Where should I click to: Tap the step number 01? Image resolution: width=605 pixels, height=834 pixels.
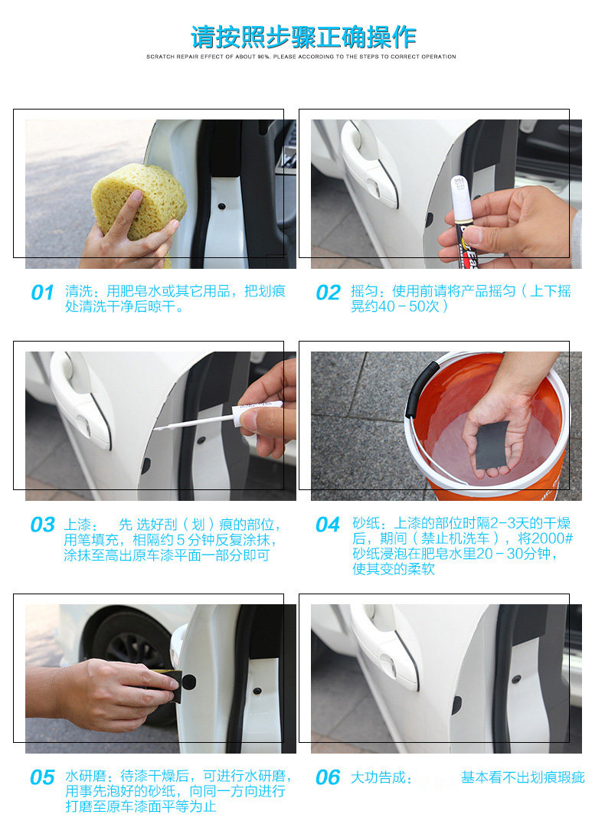click(x=43, y=293)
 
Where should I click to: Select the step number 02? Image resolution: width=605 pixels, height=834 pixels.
click(x=328, y=293)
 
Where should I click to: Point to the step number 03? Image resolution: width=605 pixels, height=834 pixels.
click(x=43, y=525)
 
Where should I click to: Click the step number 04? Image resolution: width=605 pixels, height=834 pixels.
click(x=328, y=525)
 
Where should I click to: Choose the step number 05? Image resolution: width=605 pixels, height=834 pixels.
click(x=43, y=777)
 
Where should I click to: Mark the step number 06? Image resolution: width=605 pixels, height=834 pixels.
click(x=328, y=777)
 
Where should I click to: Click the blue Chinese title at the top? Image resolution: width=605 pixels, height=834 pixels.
click(x=303, y=38)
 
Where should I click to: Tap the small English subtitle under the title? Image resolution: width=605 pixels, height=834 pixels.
click(x=301, y=57)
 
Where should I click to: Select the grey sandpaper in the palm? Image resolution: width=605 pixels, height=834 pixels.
click(x=492, y=443)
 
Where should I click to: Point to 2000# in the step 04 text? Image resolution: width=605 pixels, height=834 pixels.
click(x=552, y=538)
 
